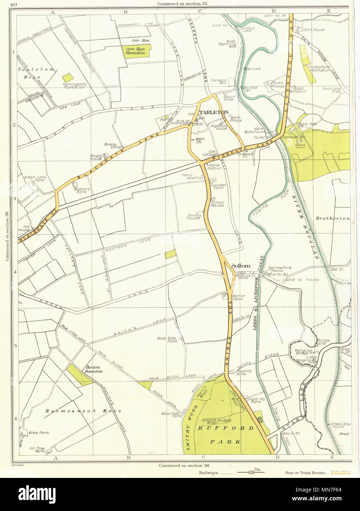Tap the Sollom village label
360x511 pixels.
click(240, 265)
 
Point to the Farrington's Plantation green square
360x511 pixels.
click(67, 78)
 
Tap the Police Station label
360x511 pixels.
click(214, 167)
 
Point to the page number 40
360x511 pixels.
click(14, 4)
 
